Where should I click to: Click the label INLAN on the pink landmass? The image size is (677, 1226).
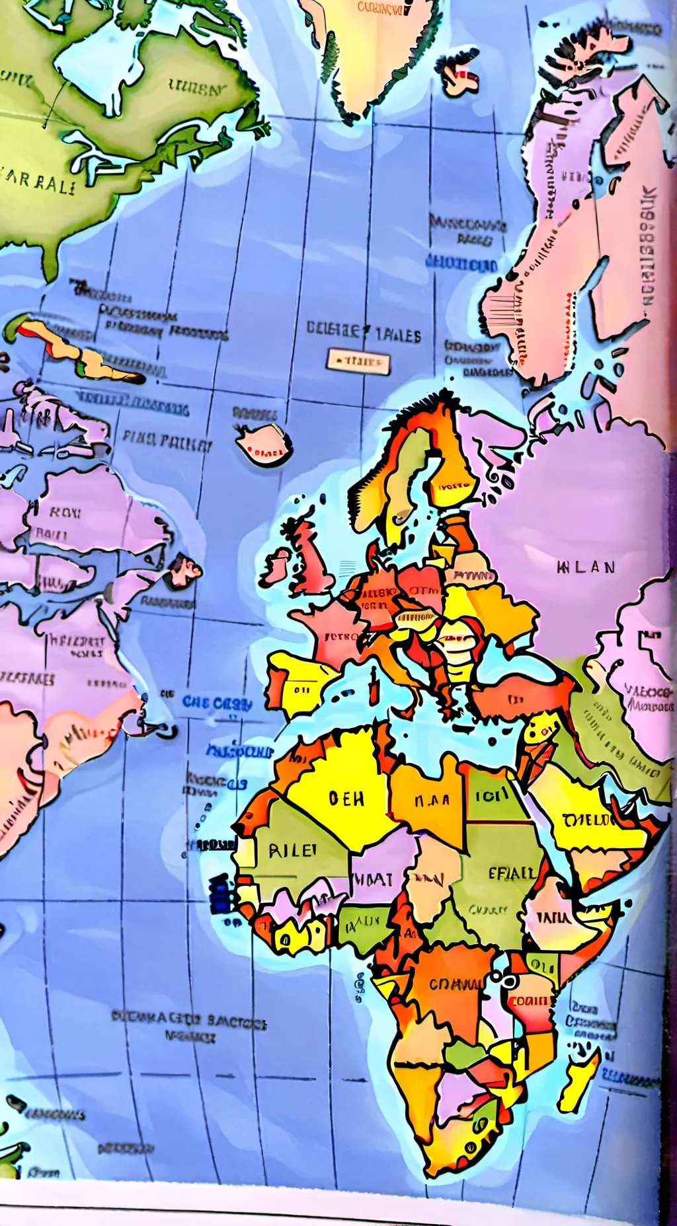586,567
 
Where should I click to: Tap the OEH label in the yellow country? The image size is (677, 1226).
346,799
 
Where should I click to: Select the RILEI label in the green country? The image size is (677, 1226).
292,850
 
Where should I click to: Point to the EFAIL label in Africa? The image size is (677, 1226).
512,873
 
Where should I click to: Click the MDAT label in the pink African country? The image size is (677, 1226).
375,879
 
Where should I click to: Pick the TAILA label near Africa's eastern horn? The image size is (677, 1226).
554,917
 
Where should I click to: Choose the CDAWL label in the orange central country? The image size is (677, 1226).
456,984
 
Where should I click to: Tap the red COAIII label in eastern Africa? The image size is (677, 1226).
530,1001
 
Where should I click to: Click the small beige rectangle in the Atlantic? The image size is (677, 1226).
358,361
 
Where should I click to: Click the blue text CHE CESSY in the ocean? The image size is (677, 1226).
217,703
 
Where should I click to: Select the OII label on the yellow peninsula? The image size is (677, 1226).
301,690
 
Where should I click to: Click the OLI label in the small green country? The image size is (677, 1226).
543,966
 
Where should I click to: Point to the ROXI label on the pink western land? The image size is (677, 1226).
65,512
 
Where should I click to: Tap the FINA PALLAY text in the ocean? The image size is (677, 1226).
167,440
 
